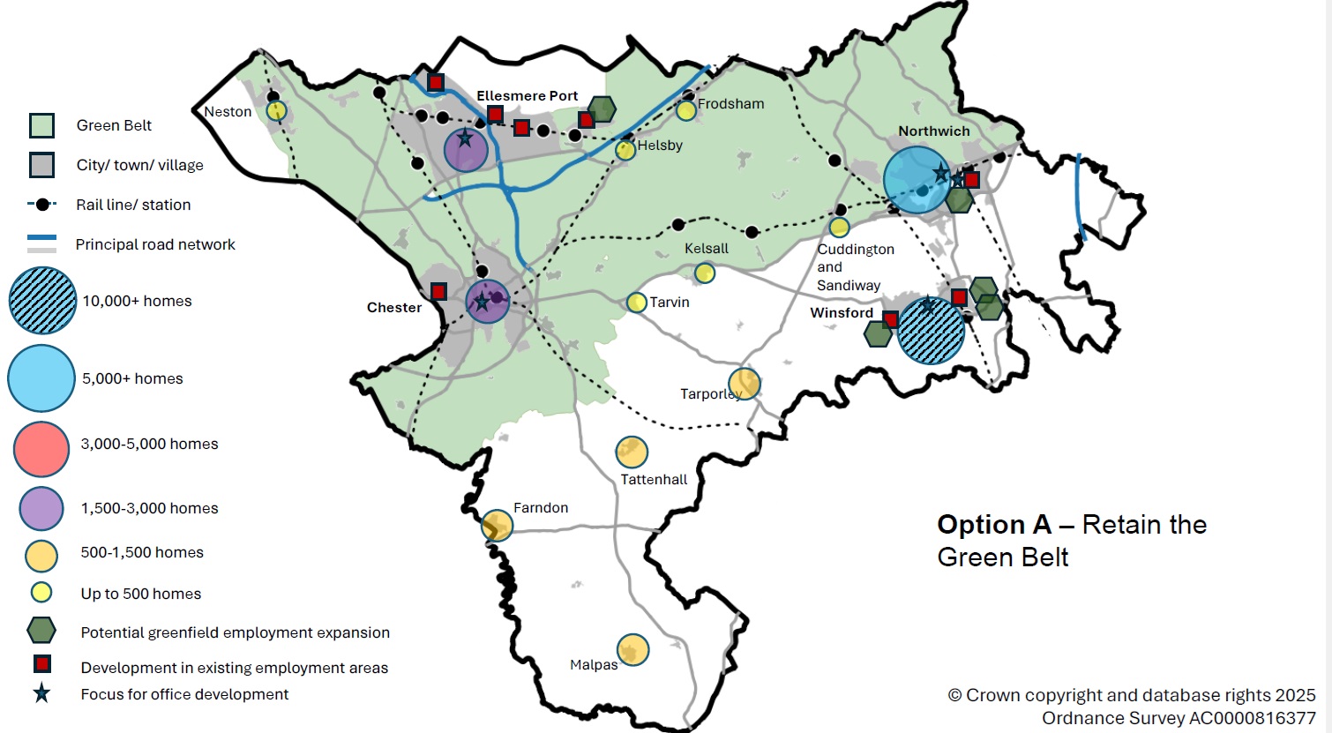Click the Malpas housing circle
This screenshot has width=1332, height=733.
pyautogui.click(x=632, y=650)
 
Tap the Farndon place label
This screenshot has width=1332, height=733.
pyautogui.click(x=541, y=508)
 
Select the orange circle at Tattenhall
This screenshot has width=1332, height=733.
pyautogui.click(x=632, y=453)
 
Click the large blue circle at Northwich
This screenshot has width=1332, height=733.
pyautogui.click(x=917, y=180)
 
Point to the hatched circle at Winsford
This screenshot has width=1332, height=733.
pyautogui.click(x=931, y=331)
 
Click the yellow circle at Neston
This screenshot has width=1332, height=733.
pyautogui.click(x=277, y=111)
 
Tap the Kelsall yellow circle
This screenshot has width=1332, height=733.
pyautogui.click(x=704, y=273)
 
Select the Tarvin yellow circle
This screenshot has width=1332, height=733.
pyautogui.click(x=637, y=303)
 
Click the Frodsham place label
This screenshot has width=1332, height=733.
pyautogui.click(x=730, y=104)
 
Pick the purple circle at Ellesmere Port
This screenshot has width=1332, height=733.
pyautogui.click(x=466, y=149)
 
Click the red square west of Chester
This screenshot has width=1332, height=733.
pyautogui.click(x=438, y=291)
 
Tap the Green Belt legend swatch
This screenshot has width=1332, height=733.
pyautogui.click(x=41, y=126)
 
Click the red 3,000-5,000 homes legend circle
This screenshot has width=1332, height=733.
pyautogui.click(x=41, y=448)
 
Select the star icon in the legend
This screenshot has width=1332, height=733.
pyautogui.click(x=41, y=694)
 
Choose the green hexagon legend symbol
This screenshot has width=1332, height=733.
pyautogui.click(x=41, y=631)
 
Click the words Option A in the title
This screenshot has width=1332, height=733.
pyautogui.click(x=993, y=525)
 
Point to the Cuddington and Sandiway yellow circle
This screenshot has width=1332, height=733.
pyautogui.click(x=839, y=228)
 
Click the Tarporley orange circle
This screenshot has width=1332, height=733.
pyautogui.click(x=745, y=384)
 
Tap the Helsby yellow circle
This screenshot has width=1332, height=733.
pyautogui.click(x=625, y=150)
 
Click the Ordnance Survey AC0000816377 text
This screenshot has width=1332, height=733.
pyautogui.click(x=1178, y=718)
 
